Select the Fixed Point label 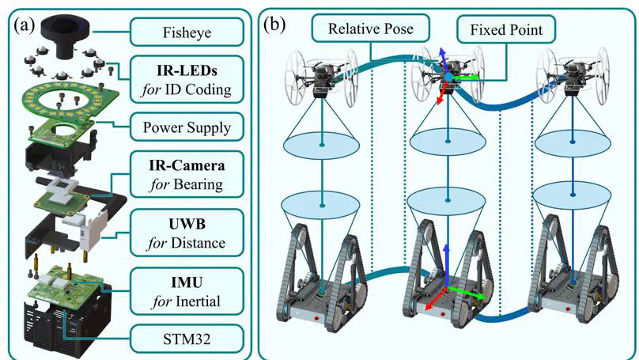[x=507, y=32]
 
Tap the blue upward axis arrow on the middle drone [x=444, y=55]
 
